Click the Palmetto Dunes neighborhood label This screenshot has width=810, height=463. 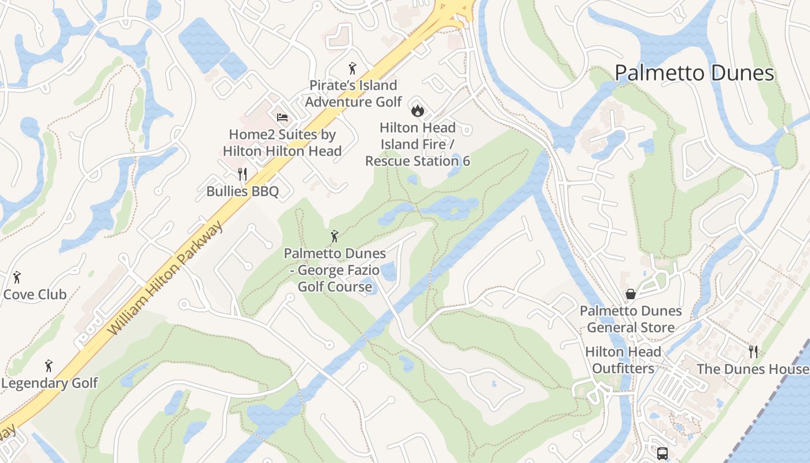pyautogui.click(x=694, y=73)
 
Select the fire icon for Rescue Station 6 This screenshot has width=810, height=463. pyautogui.click(x=417, y=109)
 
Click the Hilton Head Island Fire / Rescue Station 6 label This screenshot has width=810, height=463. pyautogui.click(x=417, y=144)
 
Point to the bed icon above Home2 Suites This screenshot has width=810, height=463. pyautogui.click(x=282, y=117)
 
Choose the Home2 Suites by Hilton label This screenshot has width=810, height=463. pyautogui.click(x=282, y=142)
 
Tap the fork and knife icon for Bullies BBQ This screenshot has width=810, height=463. pyautogui.click(x=242, y=174)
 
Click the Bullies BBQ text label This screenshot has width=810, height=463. pyautogui.click(x=242, y=191)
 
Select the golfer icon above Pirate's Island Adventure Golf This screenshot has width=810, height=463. pyautogui.click(x=352, y=68)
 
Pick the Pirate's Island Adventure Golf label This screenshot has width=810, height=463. pyautogui.click(x=353, y=94)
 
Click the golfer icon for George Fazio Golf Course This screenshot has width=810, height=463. pyautogui.click(x=334, y=236)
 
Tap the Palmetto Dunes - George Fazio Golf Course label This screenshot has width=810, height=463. pyautogui.click(x=334, y=270)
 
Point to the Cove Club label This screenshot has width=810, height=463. pyautogui.click(x=35, y=294)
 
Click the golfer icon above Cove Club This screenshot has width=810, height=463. pyautogui.click(x=17, y=277)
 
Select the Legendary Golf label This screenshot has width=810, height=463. pyautogui.click(x=50, y=383)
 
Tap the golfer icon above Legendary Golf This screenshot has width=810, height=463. pyautogui.click(x=49, y=366)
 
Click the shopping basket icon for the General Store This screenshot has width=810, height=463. pyautogui.click(x=631, y=294)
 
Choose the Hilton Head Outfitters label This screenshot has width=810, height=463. pyautogui.click(x=623, y=360)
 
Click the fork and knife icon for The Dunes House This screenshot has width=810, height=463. pyautogui.click(x=753, y=351)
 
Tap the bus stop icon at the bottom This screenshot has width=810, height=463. pyautogui.click(x=662, y=453)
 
